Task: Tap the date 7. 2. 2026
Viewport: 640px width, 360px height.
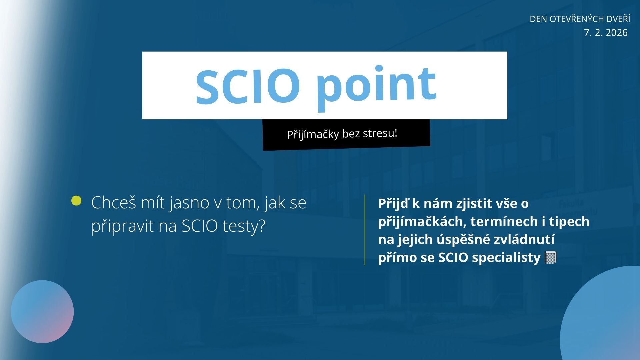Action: point(606,33)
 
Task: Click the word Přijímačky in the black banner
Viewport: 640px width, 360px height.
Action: point(313,135)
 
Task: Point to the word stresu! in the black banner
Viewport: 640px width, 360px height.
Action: point(380,133)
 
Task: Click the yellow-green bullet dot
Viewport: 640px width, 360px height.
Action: point(76,201)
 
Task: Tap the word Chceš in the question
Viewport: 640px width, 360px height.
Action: point(114,202)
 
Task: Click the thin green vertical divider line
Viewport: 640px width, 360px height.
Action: point(365,230)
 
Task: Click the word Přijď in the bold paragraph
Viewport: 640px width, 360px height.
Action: point(393,204)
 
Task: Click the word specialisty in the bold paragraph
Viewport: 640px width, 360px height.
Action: point(506,258)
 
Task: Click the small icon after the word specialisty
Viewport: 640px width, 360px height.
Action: point(550,258)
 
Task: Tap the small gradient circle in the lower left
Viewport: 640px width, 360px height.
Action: point(42,312)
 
